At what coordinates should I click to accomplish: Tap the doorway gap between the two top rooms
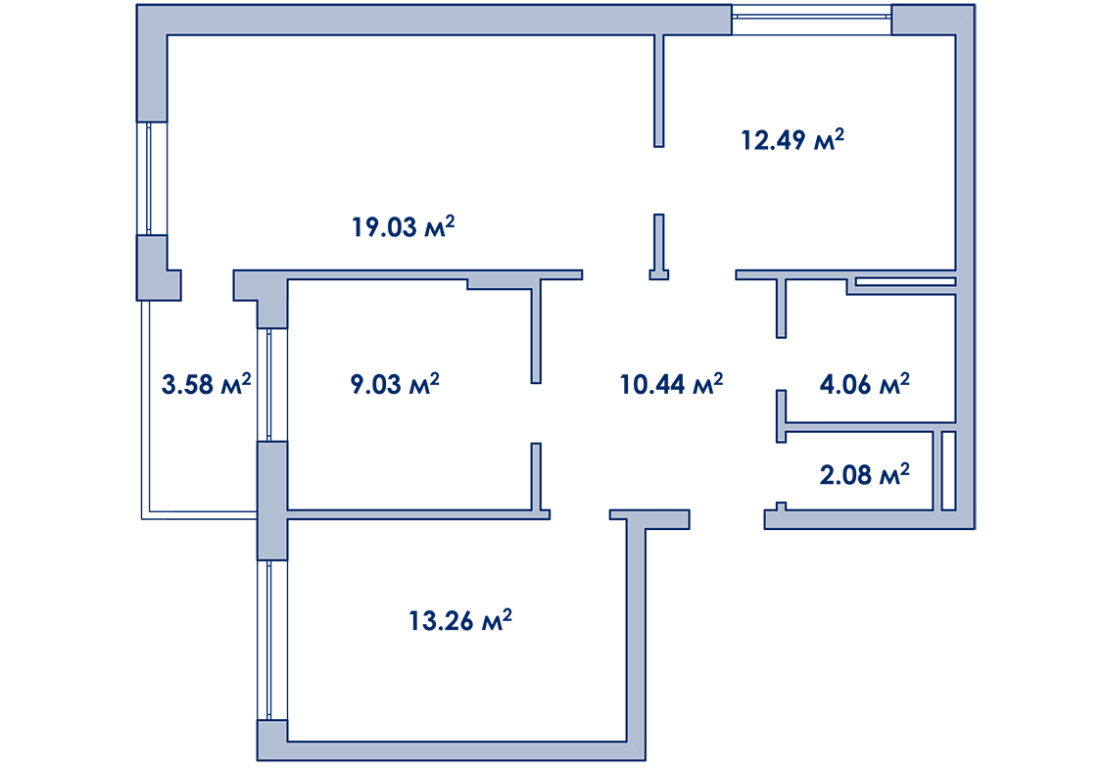click(x=658, y=180)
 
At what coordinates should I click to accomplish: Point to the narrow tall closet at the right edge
click(x=948, y=470)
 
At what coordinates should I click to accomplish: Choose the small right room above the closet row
click(x=870, y=358)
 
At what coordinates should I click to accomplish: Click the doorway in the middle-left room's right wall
click(x=536, y=412)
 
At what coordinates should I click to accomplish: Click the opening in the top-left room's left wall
click(x=151, y=178)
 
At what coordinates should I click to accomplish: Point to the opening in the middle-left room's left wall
click(x=271, y=384)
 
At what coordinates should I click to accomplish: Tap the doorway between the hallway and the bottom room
click(x=579, y=514)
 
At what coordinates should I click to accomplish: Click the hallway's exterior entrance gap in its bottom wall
click(x=726, y=518)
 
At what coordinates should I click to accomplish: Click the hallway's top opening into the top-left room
click(x=616, y=274)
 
